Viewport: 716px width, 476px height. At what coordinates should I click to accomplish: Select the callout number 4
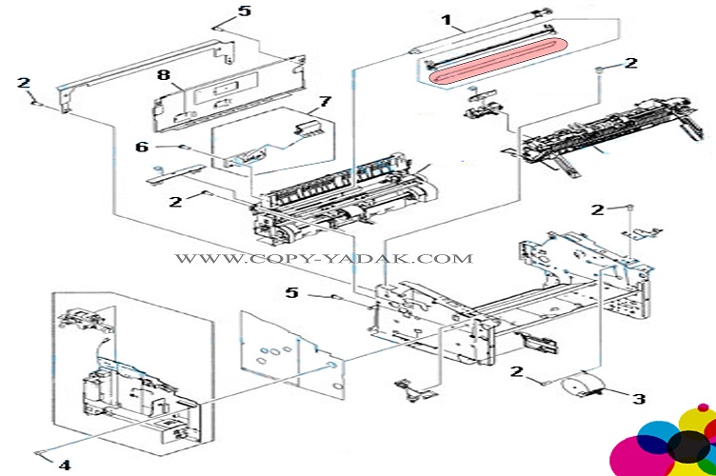65,466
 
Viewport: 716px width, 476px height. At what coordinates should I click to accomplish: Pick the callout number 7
324,101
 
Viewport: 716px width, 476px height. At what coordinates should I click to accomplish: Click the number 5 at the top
245,11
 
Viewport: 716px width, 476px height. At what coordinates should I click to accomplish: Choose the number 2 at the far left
24,82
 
